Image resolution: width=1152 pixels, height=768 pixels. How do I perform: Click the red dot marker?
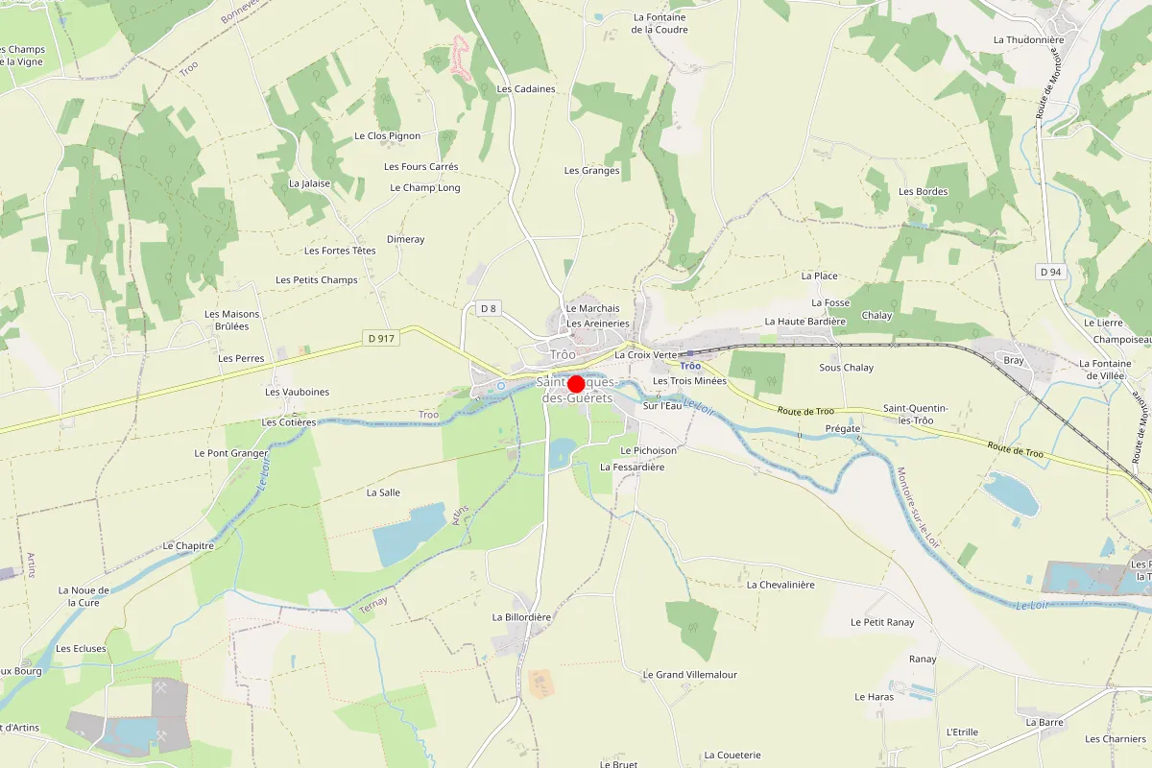coord(577,383)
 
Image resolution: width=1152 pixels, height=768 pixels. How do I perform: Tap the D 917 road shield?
coord(381,338)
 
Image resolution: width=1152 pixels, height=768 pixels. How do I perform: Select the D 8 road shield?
coord(489,308)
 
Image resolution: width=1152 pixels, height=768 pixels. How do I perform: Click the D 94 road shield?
coord(1050,272)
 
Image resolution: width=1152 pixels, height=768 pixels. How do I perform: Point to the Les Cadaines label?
coord(526,89)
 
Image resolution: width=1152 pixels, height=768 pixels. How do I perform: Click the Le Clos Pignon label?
coord(387,136)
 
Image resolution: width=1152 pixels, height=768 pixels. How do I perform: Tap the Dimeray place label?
coord(405,239)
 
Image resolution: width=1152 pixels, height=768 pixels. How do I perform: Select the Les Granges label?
coord(591,171)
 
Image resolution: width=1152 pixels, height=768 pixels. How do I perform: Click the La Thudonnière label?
coord(1028,40)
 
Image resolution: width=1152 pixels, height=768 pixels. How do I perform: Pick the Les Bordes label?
coord(923,191)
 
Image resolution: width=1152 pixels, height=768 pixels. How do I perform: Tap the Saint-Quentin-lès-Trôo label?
coord(915,415)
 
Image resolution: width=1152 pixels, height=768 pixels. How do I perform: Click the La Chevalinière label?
coord(780,585)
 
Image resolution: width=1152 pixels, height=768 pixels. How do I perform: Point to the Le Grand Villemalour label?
coord(689,675)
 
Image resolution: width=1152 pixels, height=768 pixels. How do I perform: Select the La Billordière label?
coord(521,617)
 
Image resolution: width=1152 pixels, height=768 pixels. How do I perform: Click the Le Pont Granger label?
coord(230,453)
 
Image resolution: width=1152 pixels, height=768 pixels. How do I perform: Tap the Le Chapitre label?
coord(188,545)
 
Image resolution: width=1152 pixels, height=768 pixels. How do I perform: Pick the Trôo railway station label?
coord(690,366)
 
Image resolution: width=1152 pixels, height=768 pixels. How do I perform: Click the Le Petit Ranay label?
coord(882,622)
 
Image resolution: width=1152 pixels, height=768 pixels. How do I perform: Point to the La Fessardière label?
coord(632,467)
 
